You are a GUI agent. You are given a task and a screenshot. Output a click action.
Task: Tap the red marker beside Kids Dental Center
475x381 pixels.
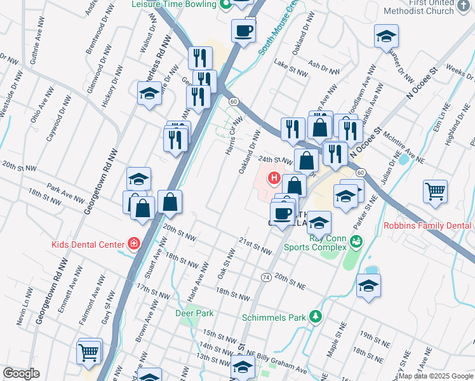[x=133, y=243]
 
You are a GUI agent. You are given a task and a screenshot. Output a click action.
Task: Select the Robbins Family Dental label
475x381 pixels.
[x=428, y=226]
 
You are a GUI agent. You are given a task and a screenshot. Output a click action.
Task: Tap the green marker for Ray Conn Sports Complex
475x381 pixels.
[x=356, y=240]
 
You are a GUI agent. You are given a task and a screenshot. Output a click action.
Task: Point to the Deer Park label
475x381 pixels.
[x=194, y=313]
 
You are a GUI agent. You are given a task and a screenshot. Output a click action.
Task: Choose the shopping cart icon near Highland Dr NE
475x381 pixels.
[x=435, y=190]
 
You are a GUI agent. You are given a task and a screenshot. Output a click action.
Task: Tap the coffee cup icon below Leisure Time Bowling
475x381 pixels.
[x=243, y=30]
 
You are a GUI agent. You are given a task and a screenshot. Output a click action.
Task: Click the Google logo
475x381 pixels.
[x=21, y=373]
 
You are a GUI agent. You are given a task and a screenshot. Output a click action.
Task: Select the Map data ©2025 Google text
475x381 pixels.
[x=436, y=376]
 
